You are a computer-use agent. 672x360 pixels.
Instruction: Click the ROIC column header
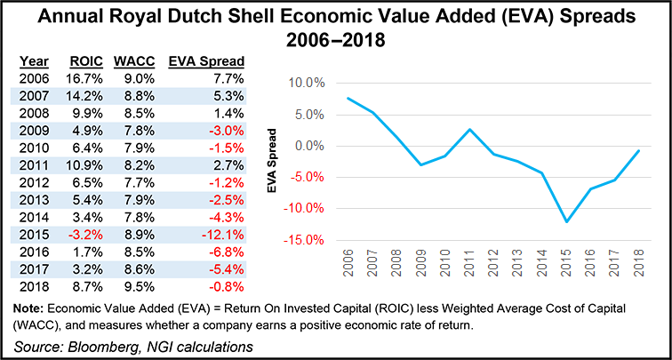(88, 60)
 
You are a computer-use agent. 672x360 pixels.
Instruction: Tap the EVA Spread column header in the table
(210, 60)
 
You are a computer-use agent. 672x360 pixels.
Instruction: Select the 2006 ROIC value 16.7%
(89, 79)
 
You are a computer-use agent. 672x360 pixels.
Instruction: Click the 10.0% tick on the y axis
(303, 83)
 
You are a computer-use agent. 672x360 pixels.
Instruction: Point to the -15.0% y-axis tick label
(300, 240)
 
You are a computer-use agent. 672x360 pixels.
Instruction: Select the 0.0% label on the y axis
(306, 146)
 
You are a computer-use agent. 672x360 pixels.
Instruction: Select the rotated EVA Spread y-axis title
(276, 162)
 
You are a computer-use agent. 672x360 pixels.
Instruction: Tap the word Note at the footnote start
(28, 307)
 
